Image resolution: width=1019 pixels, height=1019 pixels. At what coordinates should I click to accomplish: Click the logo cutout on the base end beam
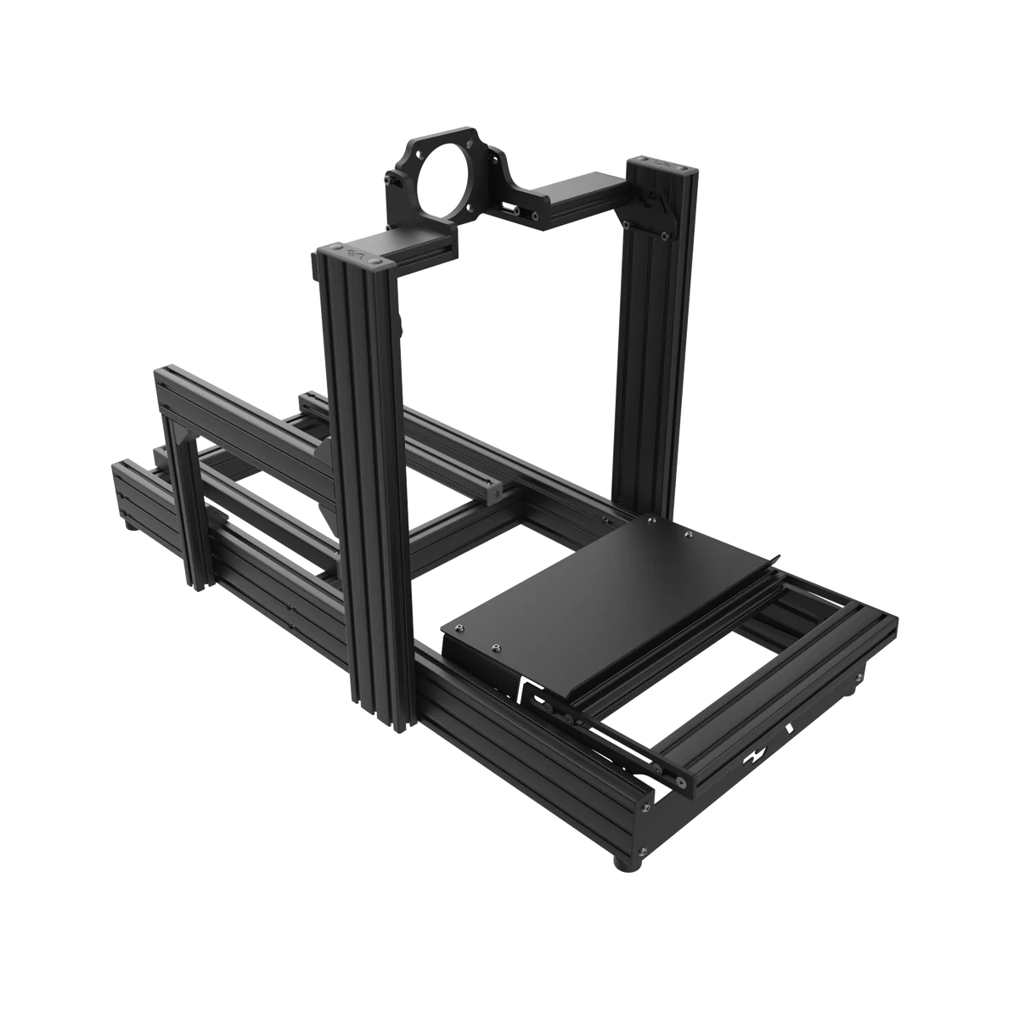[754, 754]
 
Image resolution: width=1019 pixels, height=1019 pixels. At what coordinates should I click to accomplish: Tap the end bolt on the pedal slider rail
[678, 778]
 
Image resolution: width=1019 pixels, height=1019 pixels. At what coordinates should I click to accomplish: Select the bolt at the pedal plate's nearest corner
[493, 647]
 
